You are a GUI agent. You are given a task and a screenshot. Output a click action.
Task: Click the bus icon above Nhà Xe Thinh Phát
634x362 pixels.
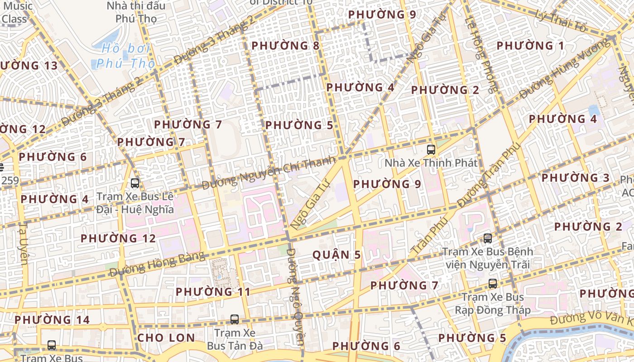pos(431,149)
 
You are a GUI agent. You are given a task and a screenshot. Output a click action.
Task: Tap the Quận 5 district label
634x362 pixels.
pos(337,255)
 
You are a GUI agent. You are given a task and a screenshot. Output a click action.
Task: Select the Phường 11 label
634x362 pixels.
pos(213,292)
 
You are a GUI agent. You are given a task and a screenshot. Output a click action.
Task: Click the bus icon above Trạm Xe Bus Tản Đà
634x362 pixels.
pos(234,319)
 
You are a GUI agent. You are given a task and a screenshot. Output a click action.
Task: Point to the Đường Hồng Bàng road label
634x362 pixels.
pos(157,264)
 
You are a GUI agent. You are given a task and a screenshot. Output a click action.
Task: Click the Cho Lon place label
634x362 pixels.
pos(166,338)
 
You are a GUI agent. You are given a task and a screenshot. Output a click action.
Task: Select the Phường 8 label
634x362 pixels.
pos(285,46)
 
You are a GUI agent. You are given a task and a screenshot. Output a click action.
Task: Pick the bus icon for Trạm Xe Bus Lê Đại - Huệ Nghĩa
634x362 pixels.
pos(134,183)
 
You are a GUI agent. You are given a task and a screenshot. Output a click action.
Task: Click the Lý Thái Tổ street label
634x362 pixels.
pos(560,21)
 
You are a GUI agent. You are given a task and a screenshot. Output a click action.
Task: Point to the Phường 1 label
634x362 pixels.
pos(530,46)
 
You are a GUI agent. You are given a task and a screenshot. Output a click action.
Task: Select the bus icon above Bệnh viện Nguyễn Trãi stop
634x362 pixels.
pos(487,238)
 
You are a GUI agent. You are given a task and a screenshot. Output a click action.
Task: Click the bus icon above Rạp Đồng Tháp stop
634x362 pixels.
pos(492,284)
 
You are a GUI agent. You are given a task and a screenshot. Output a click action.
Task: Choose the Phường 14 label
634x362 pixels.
pos(52,320)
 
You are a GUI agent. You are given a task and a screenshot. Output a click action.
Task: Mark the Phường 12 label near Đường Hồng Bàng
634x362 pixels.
pos(118,238)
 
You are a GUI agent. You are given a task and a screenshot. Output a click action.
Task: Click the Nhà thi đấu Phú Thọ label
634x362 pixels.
pos(136,12)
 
